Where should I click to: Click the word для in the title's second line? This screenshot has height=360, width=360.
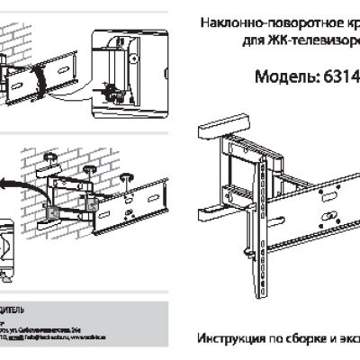tap(256, 42)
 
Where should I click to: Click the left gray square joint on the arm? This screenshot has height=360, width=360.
tap(51, 212)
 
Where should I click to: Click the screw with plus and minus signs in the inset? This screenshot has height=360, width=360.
tap(110, 90)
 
